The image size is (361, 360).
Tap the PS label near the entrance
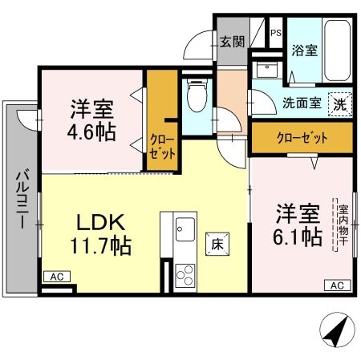275,33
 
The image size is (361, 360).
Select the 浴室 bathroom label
304,50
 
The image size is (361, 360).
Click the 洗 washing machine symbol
341,103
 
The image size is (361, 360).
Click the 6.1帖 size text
298,237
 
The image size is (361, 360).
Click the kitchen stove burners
184,276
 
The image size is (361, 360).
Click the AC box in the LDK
56,277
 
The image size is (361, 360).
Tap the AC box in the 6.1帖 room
336,285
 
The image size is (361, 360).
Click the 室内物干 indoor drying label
340,224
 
